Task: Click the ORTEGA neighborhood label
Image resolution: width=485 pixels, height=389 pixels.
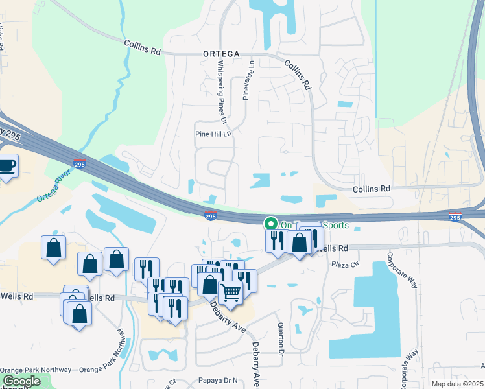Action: point(220,54)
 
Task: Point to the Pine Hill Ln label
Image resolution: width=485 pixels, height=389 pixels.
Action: point(213,134)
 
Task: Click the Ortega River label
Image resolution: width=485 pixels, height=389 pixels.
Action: point(53,186)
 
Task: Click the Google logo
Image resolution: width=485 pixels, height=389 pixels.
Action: point(21,381)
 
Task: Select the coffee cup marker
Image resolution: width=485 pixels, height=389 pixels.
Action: point(8,166)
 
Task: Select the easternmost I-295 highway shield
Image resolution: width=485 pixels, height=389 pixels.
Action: point(455,217)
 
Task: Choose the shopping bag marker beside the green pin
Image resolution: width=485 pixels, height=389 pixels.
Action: point(300,243)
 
